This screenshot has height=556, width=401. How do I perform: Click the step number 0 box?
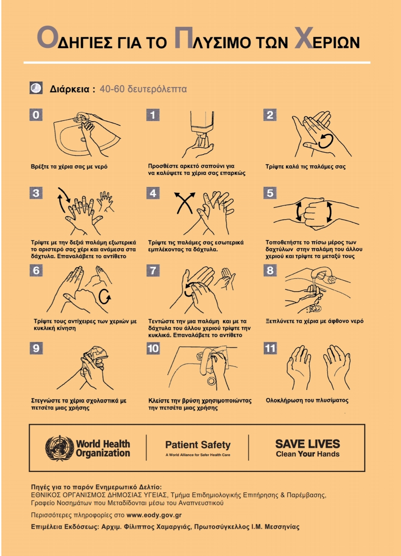(36, 115)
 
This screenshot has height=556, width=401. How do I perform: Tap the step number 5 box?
(270, 193)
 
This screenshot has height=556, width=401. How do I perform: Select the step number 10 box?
(153, 349)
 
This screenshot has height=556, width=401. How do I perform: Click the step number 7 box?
(153, 270)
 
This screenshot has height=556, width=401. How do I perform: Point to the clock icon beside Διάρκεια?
(36, 88)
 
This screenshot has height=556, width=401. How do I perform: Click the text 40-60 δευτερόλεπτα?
(143, 89)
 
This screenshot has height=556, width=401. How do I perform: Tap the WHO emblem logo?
(60, 448)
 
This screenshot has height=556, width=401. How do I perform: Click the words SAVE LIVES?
(308, 444)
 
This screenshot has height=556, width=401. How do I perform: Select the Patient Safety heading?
(198, 445)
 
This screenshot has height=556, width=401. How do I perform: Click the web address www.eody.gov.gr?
(154, 515)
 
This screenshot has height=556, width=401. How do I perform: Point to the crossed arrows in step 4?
(185, 203)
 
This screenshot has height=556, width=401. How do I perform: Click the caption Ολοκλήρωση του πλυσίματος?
(307, 400)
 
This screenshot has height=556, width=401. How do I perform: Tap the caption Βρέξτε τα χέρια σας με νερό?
(69, 167)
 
